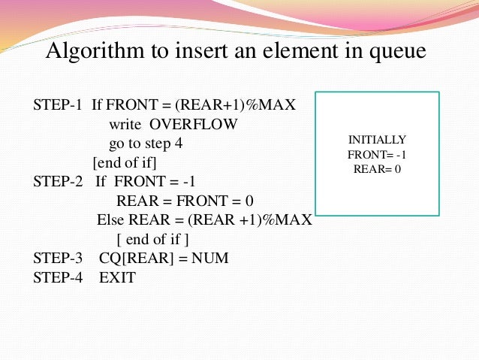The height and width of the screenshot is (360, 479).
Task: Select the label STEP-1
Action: click(x=57, y=104)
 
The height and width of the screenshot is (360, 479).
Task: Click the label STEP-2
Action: click(x=57, y=181)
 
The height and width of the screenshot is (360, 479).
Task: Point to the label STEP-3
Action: click(x=57, y=258)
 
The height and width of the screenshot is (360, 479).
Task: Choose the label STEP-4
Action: click(x=57, y=277)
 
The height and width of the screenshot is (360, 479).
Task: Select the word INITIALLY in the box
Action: click(x=377, y=140)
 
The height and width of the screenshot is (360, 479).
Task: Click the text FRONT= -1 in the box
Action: click(x=377, y=154)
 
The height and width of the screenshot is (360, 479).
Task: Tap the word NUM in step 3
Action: click(x=210, y=258)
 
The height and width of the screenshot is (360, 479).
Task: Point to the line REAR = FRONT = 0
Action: click(x=185, y=201)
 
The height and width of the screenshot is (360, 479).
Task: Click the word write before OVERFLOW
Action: click(x=125, y=124)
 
